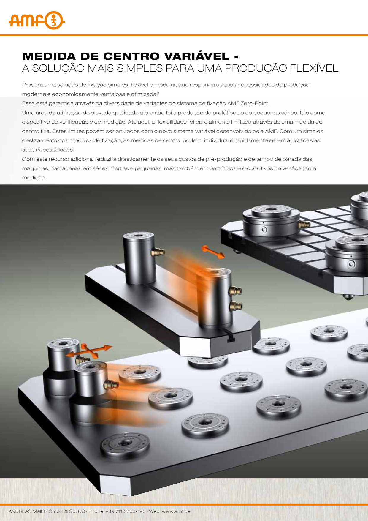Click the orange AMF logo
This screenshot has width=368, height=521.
point(37,20)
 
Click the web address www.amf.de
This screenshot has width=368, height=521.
point(176,511)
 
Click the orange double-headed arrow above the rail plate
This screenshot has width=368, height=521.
point(213,252)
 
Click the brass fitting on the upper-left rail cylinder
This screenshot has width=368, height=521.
point(157,252)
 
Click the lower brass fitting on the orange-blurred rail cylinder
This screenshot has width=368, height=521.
point(236,305)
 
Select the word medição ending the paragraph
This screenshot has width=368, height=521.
point(34,178)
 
